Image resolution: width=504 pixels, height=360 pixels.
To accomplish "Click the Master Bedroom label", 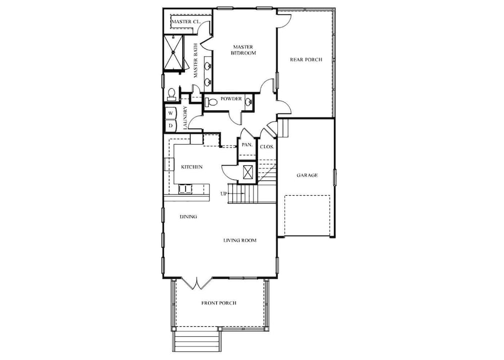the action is click(x=243, y=50).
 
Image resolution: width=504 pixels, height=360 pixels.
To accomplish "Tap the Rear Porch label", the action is click(x=306, y=59).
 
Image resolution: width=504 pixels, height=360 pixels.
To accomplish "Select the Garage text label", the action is click(x=307, y=175).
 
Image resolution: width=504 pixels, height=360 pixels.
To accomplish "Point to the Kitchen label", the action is click(x=192, y=167).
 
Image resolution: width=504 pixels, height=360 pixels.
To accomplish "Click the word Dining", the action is click(x=188, y=217).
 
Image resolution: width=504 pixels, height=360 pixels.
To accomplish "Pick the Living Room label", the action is click(x=240, y=240).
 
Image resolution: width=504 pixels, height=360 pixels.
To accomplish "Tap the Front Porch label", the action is click(x=219, y=303).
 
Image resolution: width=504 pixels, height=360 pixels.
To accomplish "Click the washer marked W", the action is click(x=171, y=113).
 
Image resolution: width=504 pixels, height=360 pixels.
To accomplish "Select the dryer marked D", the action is click(x=171, y=126).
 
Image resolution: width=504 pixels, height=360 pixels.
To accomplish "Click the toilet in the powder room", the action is click(x=211, y=102).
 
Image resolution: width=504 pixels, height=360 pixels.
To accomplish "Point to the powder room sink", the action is click(x=248, y=102).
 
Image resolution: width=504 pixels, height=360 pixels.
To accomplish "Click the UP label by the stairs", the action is click(x=224, y=194).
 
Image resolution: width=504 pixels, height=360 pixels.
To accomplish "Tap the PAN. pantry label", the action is click(x=247, y=145).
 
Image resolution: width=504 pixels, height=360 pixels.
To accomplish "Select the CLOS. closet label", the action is click(x=267, y=147).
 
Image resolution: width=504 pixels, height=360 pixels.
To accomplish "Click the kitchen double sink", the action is click(x=185, y=189).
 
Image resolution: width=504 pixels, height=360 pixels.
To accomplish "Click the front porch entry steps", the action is click(x=197, y=341).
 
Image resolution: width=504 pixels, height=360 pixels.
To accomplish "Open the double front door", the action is click(x=197, y=283).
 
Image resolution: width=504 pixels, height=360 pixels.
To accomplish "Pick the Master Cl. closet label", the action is click(x=186, y=22).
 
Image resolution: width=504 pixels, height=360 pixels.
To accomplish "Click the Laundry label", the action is click(x=185, y=117).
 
